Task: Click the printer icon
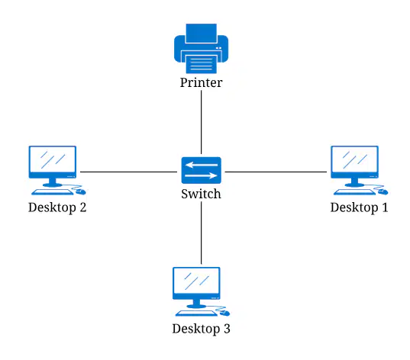pyautogui.click(x=201, y=49)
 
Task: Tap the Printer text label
pyautogui.click(x=201, y=82)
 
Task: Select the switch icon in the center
pyautogui.click(x=201, y=170)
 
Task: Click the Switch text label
pyautogui.click(x=201, y=194)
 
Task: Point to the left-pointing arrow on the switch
pyautogui.click(x=201, y=165)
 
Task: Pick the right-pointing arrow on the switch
pyautogui.click(x=201, y=175)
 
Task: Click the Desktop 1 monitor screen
pyautogui.click(x=354, y=159)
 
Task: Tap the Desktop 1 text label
pyautogui.click(x=359, y=207)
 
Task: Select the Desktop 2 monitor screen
pyautogui.click(x=53, y=159)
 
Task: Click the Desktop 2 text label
pyautogui.click(x=57, y=207)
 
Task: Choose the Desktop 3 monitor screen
pyautogui.click(x=196, y=281)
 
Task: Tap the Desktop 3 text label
pyautogui.click(x=201, y=329)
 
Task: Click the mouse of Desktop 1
pyautogui.click(x=383, y=192)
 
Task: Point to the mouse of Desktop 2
pyautogui.click(x=81, y=192)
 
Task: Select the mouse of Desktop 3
pyautogui.click(x=225, y=313)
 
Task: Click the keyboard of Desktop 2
pyautogui.click(x=52, y=192)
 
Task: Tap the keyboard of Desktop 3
pyautogui.click(x=196, y=313)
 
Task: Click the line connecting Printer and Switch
pyautogui.click(x=201, y=122)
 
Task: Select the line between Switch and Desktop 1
pyautogui.click(x=276, y=172)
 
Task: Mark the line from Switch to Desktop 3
pyautogui.click(x=201, y=233)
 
